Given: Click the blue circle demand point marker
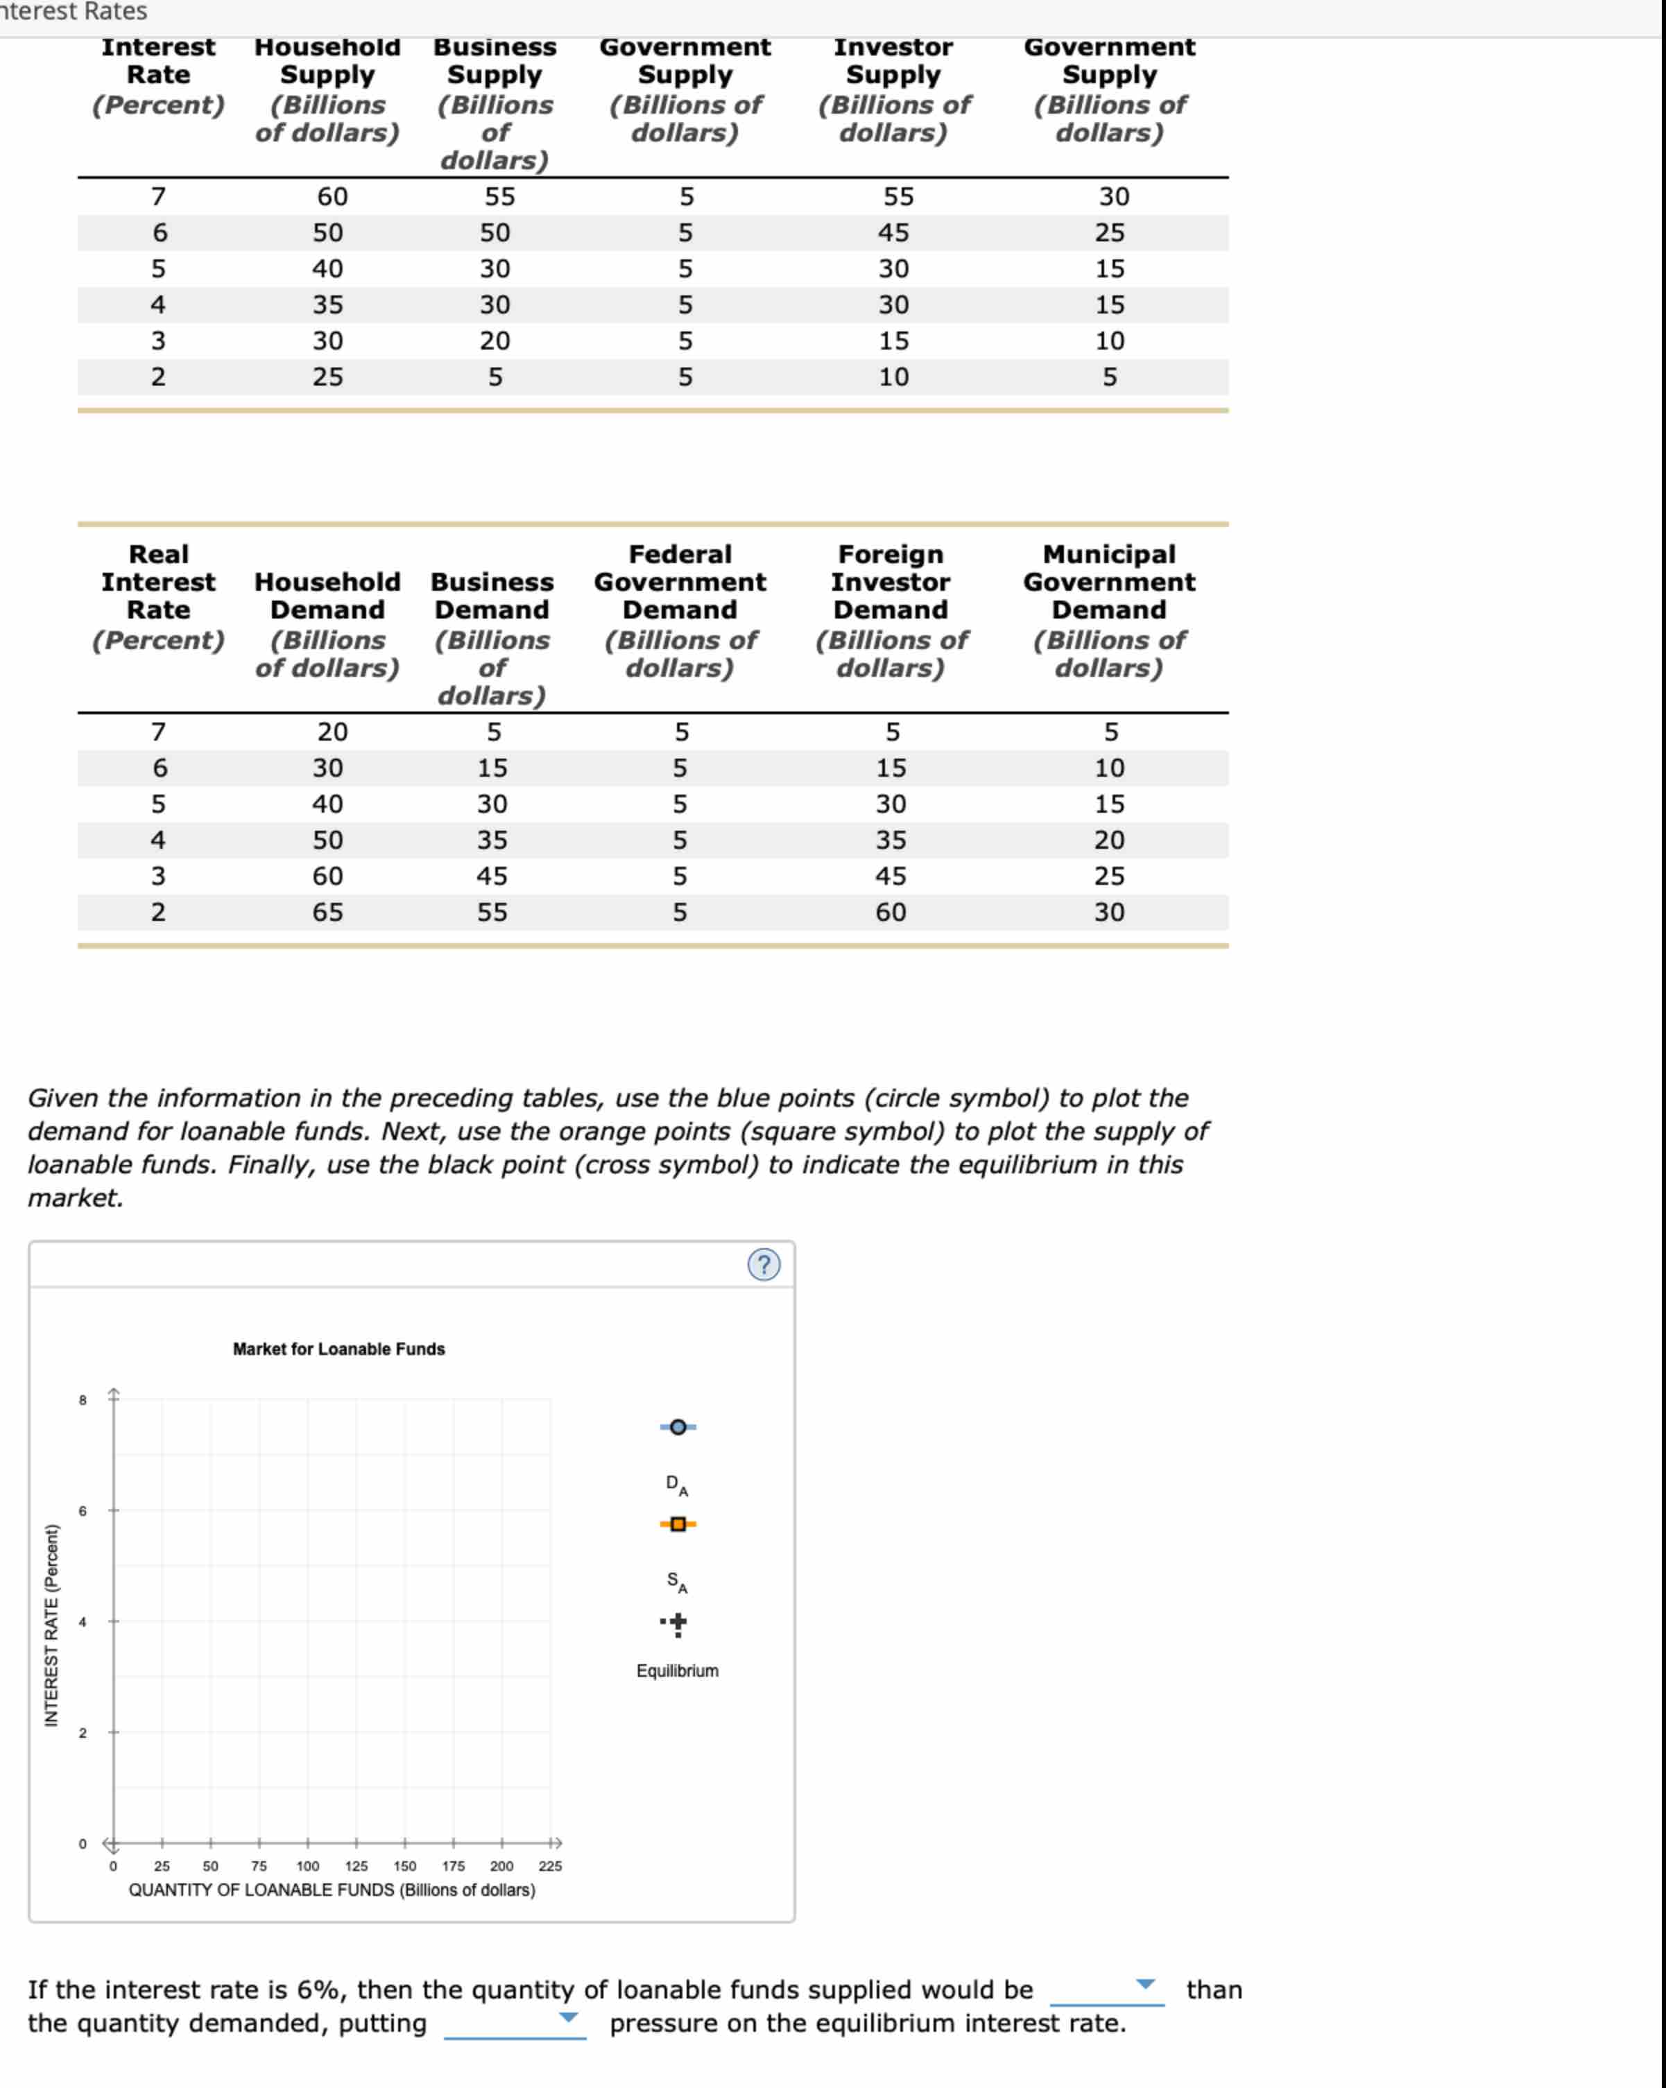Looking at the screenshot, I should point(678,1426).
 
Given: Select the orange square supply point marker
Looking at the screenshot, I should point(678,1524).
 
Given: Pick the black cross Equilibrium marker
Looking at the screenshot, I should point(678,1622).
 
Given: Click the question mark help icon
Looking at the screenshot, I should point(763,1265).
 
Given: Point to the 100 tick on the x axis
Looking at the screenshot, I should point(308,1865).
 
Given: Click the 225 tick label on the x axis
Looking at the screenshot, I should point(550,1865).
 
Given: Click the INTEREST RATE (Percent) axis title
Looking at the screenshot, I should point(51,1627).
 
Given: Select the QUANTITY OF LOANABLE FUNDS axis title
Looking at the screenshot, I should point(332,1890).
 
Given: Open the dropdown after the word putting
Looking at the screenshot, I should point(569,2017).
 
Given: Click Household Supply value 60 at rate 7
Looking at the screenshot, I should point(332,197).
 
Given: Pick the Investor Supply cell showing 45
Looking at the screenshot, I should point(893,232).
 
